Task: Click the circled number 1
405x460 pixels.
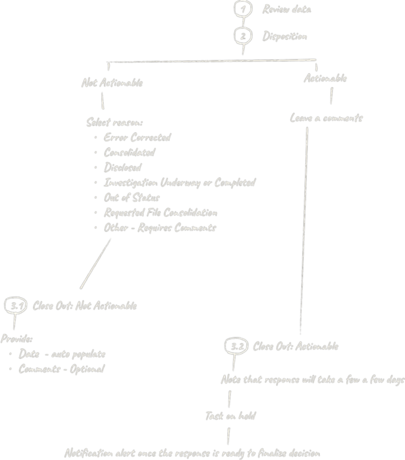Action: click(243, 9)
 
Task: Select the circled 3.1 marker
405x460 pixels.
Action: click(16, 305)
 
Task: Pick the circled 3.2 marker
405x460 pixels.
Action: click(236, 346)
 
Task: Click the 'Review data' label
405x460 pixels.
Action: click(287, 9)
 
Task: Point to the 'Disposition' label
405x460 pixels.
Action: click(285, 36)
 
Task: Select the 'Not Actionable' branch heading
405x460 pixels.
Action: click(112, 83)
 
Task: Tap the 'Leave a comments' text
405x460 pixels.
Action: click(326, 118)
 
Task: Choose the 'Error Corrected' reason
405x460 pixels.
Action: click(137, 137)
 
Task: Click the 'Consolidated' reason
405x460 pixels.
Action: click(129, 152)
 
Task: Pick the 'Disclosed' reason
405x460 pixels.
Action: click(122, 167)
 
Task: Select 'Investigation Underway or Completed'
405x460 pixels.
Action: click(180, 182)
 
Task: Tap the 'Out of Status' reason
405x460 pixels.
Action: click(132, 197)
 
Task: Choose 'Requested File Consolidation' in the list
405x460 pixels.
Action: click(161, 212)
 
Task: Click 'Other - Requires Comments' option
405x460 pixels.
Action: click(160, 227)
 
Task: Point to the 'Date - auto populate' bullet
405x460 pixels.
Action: click(62, 354)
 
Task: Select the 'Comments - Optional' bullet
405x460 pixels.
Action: click(62, 369)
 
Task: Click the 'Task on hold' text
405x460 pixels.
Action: click(230, 416)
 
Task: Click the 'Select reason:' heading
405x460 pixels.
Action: click(114, 122)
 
